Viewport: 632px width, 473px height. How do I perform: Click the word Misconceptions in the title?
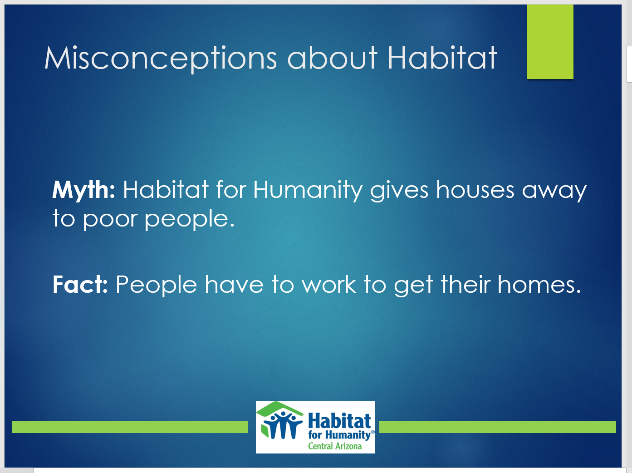[161, 58]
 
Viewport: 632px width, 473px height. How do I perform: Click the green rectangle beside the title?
[550, 41]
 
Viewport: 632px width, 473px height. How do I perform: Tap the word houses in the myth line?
[475, 190]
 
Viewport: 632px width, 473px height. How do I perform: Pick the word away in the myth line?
[554, 192]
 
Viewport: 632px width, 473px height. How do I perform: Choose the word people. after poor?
[190, 219]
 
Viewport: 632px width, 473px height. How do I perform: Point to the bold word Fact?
[80, 284]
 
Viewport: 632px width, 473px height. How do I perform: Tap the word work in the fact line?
[329, 284]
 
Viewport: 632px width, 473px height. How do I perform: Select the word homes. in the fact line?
[539, 284]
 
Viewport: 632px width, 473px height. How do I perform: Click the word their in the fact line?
[465, 284]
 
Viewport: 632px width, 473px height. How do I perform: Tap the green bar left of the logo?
[130, 427]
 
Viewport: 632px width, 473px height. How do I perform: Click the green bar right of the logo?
[498, 427]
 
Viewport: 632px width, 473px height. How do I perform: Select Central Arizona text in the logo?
[335, 446]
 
